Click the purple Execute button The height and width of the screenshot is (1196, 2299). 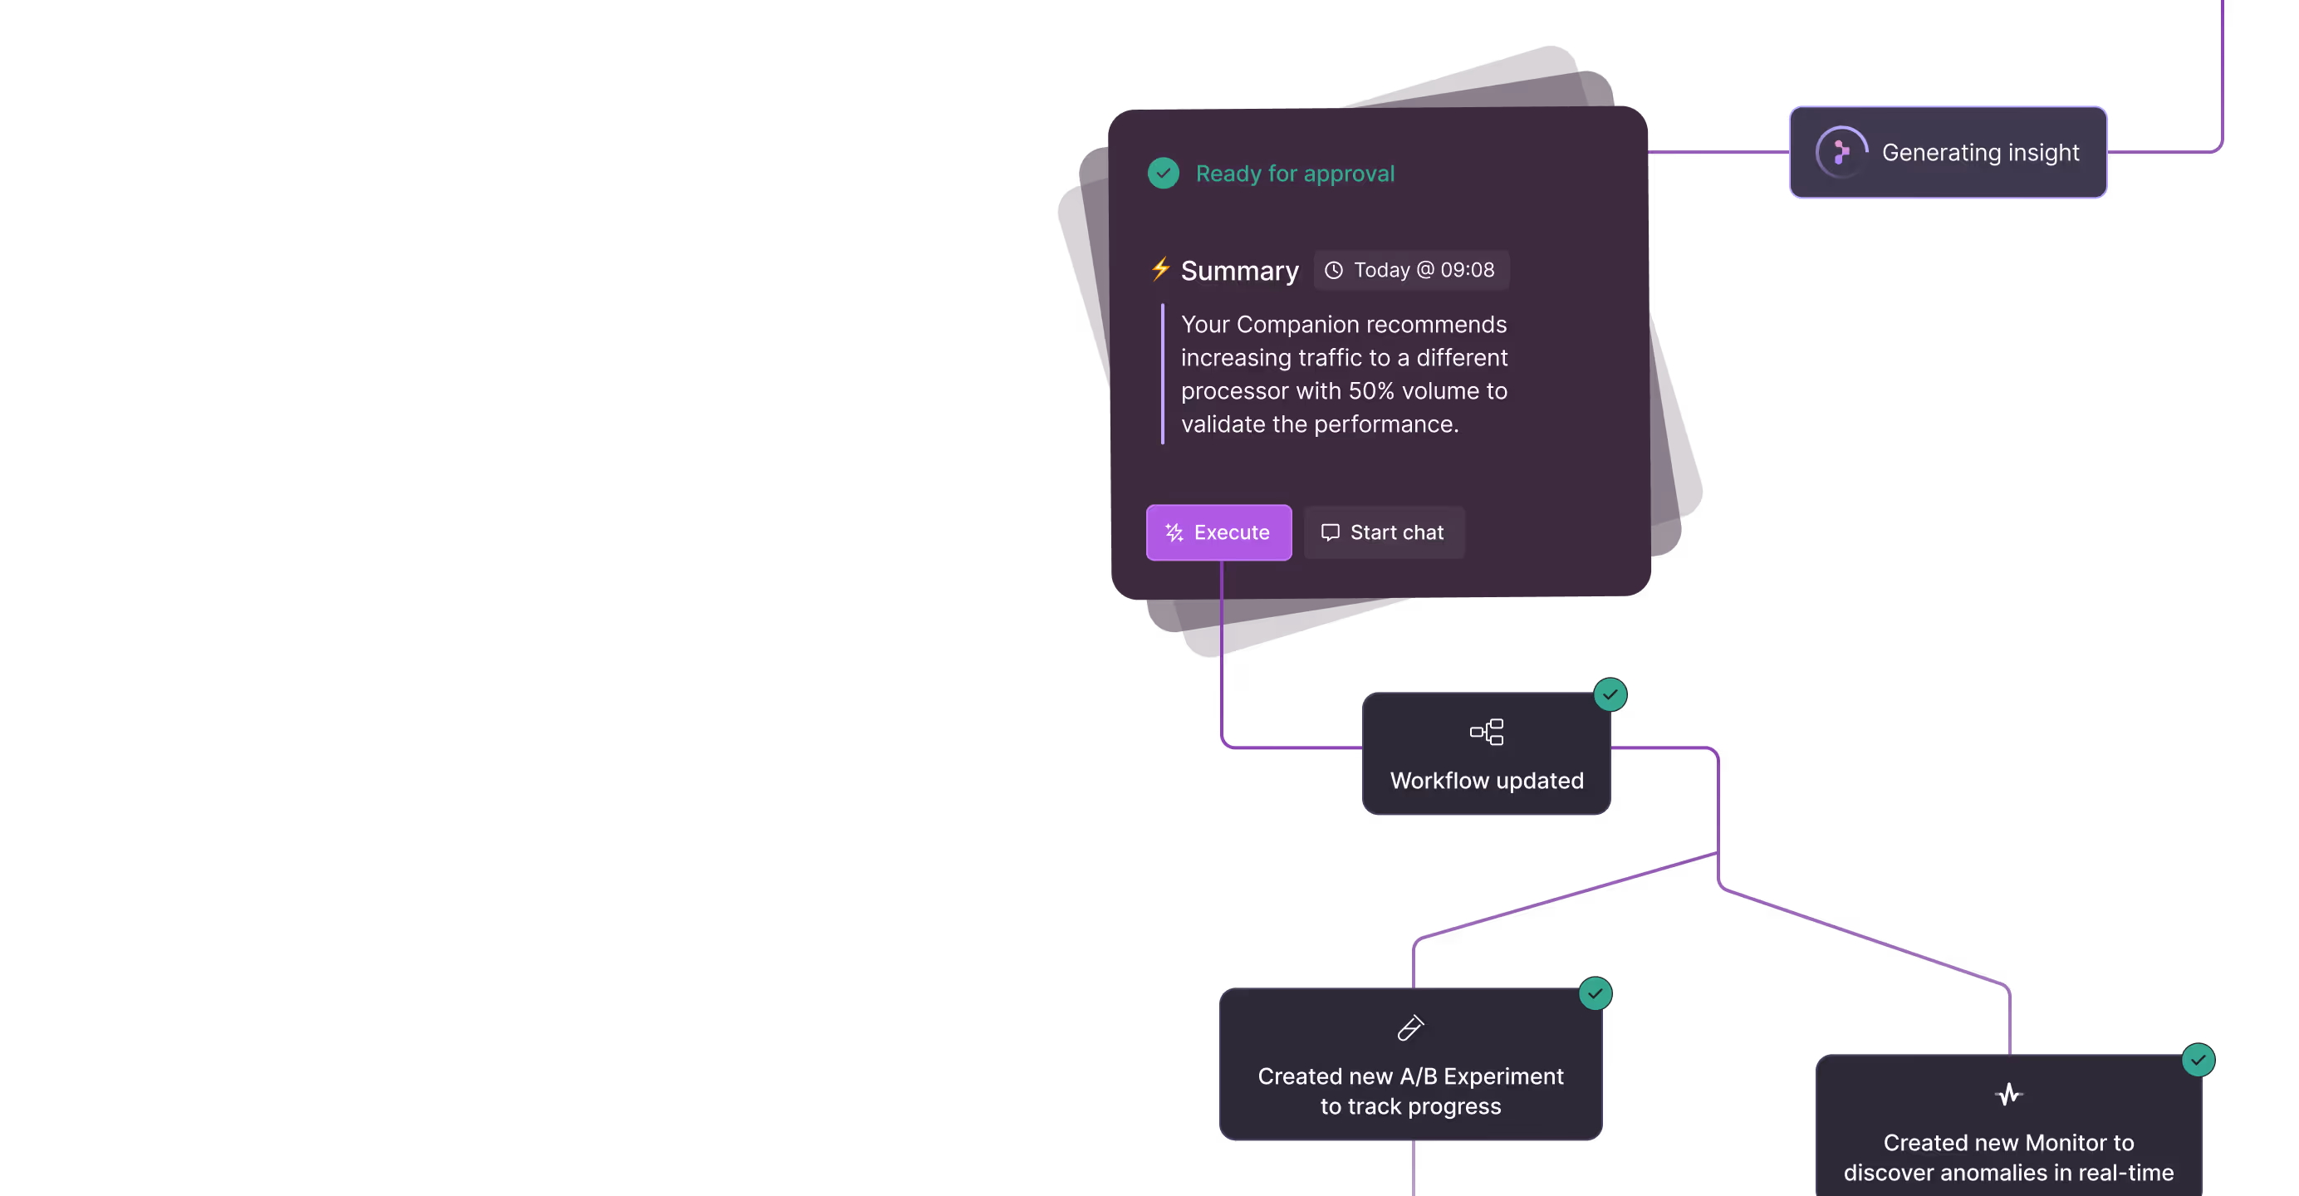pos(1218,533)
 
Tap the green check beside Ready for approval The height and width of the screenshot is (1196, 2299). pos(1163,173)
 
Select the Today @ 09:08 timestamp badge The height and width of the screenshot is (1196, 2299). pos(1411,271)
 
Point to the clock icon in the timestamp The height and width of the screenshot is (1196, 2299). pos(1333,271)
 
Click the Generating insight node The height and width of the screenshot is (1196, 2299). pos(1948,153)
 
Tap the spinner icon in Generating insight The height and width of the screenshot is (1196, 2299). pos(1841,153)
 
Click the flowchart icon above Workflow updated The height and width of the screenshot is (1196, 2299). pos(1486,732)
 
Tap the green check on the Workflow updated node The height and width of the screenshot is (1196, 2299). pos(1610,694)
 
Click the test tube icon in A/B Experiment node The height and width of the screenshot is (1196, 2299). pos(1410,1028)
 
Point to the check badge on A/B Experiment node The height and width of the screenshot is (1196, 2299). pos(1595,993)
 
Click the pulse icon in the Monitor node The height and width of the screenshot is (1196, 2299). pos(2008,1094)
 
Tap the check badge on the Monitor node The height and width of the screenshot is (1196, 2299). pos(2198,1061)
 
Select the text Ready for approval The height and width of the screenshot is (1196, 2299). pos(1294,174)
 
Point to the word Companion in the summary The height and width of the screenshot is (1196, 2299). pos(1291,325)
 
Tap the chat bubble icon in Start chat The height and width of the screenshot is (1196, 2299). pos(1330,533)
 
